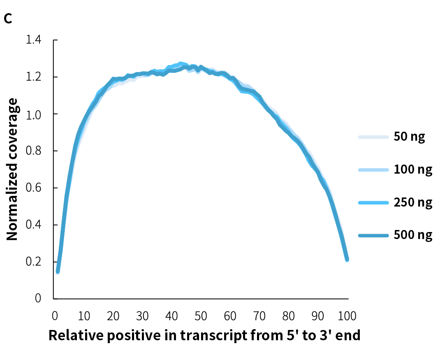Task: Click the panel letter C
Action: tap(8, 19)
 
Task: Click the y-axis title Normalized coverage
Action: tap(12, 170)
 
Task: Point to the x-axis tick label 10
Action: tap(84, 316)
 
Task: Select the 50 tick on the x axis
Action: tap(201, 316)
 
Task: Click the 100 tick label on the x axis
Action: tap(347, 316)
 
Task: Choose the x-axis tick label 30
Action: tap(142, 316)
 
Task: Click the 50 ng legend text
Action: tap(409, 136)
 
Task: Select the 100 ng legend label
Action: tap(413, 170)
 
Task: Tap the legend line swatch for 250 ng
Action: tap(373, 203)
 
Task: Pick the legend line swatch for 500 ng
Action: tap(373, 236)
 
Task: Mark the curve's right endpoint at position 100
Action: tap(347, 260)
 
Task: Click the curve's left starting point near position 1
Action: tap(58, 271)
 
